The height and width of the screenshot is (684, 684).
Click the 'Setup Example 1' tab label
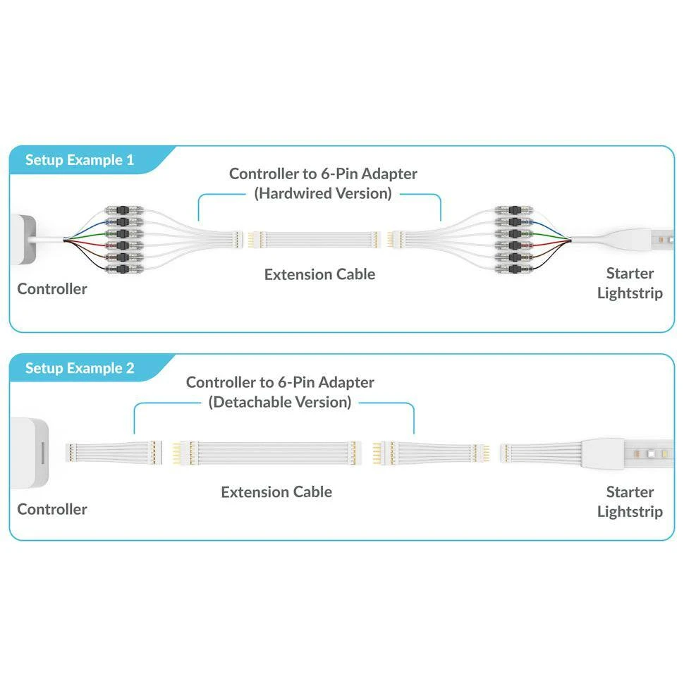79,160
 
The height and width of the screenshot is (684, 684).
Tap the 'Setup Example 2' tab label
79,368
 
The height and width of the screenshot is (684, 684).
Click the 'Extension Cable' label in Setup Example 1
319,274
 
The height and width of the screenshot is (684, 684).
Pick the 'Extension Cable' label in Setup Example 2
276,491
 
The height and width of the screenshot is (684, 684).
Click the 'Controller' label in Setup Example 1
52,288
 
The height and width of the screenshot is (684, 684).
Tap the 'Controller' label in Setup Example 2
52,509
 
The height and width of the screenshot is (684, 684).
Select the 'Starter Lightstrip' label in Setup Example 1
630,283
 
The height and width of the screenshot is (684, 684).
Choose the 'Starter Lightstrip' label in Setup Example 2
630,501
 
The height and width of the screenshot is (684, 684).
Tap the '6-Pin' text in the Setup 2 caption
295,382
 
